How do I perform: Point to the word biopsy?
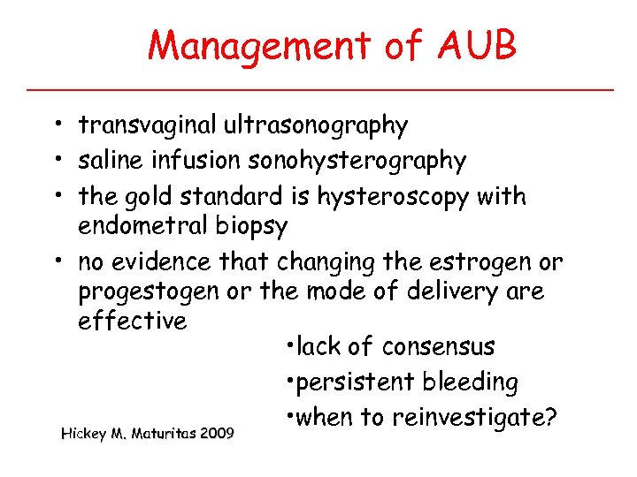click(252, 227)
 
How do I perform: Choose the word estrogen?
click(478, 262)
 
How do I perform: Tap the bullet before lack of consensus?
click(290, 346)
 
